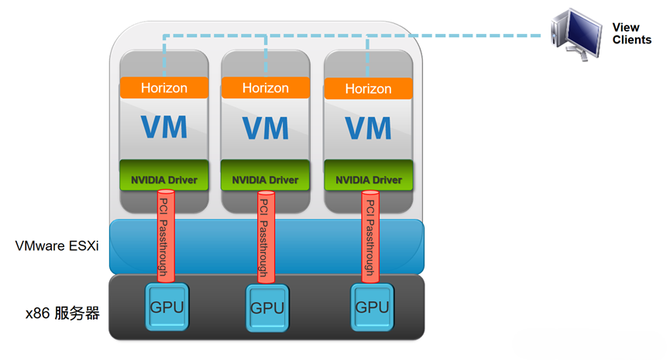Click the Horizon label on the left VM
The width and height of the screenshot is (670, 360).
(x=164, y=87)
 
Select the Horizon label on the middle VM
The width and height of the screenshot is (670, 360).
(x=266, y=88)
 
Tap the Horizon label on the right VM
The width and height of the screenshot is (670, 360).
(x=368, y=89)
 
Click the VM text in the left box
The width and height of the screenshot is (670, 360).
(x=164, y=126)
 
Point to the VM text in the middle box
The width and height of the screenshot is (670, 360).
(x=266, y=127)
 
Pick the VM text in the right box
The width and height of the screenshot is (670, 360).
(x=368, y=127)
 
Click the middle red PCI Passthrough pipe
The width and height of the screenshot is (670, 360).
(x=265, y=236)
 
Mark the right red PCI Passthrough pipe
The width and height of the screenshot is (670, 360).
(x=369, y=236)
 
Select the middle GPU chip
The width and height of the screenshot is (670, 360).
(x=266, y=307)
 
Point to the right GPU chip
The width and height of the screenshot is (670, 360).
(x=371, y=306)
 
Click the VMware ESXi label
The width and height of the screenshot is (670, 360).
(x=57, y=246)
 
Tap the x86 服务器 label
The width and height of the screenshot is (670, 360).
(x=62, y=314)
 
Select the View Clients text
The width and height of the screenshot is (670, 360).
(x=631, y=33)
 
